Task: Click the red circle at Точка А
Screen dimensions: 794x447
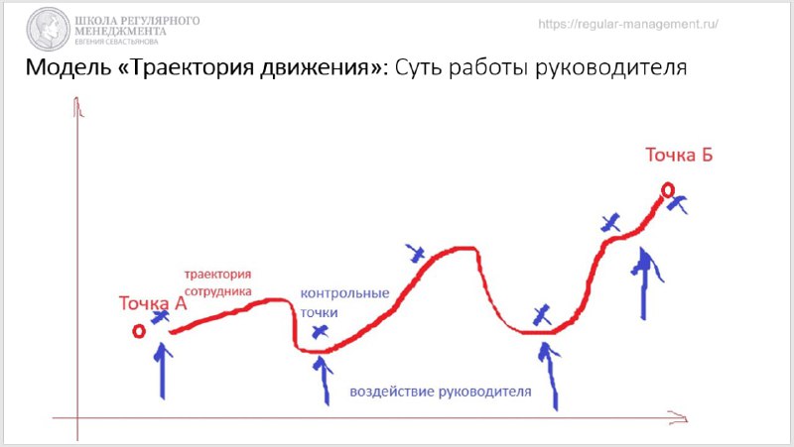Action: [x=139, y=331]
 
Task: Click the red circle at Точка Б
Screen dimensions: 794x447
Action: [x=668, y=190]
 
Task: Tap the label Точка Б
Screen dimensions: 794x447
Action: [x=679, y=155]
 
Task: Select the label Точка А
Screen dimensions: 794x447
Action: [x=153, y=303]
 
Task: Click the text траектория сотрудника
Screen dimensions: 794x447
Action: [x=217, y=283]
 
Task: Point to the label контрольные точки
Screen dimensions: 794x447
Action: [x=344, y=303]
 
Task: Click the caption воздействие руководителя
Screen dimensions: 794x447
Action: [x=441, y=391]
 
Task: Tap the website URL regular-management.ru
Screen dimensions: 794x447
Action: [x=628, y=24]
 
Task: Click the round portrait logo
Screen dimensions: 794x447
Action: [x=48, y=29]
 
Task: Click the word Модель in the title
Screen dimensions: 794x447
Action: [x=67, y=67]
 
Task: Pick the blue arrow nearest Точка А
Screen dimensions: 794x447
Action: [x=163, y=371]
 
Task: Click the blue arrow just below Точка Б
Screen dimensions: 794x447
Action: [x=643, y=283]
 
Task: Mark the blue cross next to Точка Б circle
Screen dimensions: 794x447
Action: [x=677, y=203]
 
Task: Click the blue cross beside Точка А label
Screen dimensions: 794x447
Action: [x=160, y=317]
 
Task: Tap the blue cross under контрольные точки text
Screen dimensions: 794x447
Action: [x=320, y=332]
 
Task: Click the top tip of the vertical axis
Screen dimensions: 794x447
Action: [x=76, y=96]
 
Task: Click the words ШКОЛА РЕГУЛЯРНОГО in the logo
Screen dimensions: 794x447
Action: [x=137, y=21]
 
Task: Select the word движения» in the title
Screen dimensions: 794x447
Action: [x=325, y=67]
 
